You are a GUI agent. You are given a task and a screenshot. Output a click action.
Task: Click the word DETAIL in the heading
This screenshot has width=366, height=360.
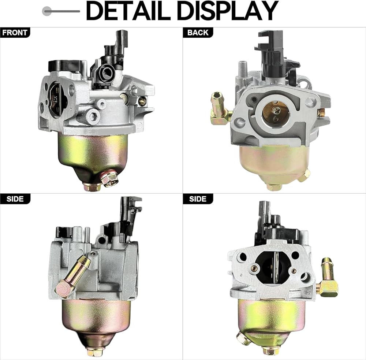(128, 11)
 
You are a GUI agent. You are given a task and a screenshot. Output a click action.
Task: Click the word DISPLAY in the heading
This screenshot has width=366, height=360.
(228, 11)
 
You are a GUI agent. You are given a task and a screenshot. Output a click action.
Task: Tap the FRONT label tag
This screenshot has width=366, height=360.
(15, 33)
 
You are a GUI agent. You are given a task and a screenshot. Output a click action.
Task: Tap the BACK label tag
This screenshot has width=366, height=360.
(198, 33)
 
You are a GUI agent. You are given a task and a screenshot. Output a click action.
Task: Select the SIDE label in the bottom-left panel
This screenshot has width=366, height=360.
(15, 199)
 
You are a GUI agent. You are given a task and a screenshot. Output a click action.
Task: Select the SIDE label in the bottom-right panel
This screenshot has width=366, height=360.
(198, 199)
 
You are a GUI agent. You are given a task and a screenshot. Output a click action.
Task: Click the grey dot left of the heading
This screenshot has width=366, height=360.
(47, 11)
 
